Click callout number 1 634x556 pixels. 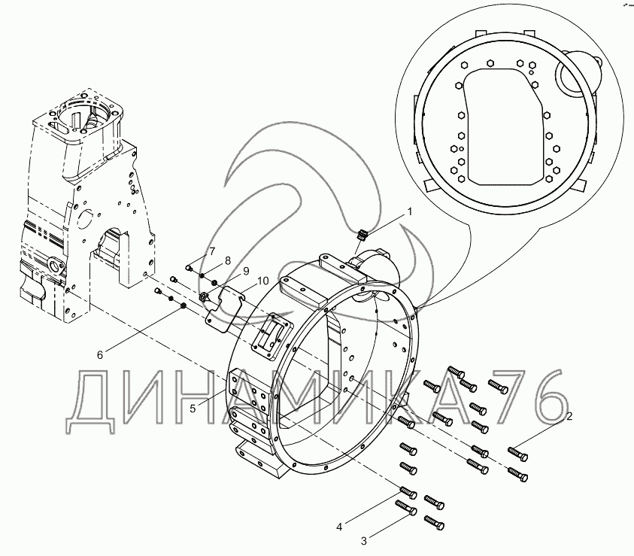tap(410, 212)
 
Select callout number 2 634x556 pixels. tap(569, 415)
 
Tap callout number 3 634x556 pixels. tap(363, 539)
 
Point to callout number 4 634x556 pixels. tap(339, 527)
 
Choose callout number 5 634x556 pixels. tap(193, 408)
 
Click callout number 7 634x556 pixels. tap(212, 251)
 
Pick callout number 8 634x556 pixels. tap(227, 260)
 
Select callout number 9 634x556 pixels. tap(244, 271)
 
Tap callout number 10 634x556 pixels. tap(262, 281)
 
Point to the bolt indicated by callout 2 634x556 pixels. tap(517, 452)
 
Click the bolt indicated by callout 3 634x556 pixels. tap(406, 509)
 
